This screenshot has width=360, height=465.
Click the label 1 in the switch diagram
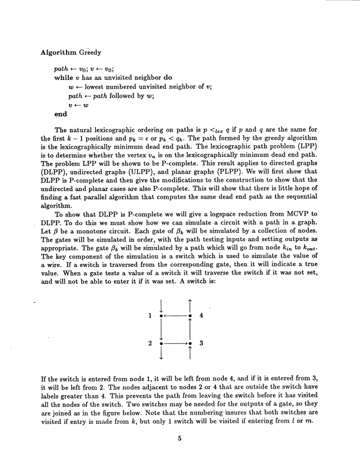(151, 316)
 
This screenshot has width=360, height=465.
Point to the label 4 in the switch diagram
(201, 316)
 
